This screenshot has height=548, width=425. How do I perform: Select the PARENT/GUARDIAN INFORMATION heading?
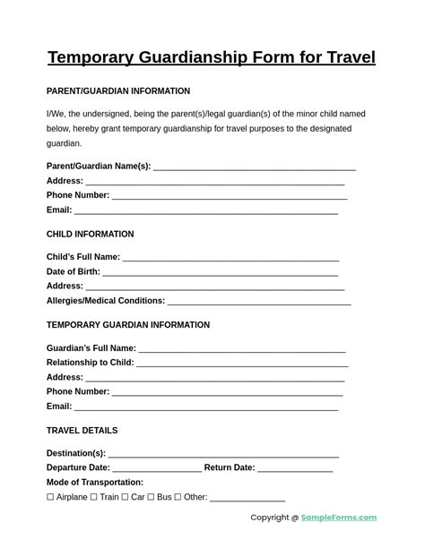tap(117, 91)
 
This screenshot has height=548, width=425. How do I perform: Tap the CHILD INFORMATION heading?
tap(90, 235)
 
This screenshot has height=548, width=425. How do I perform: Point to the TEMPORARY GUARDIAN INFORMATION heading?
tap(128, 325)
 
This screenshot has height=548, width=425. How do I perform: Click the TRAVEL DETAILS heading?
tap(82, 431)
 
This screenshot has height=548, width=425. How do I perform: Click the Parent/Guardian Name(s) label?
tap(99, 167)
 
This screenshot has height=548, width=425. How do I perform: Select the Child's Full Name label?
tap(82, 257)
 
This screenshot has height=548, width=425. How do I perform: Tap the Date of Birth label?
tap(73, 272)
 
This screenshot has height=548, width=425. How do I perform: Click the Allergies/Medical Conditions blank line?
tap(259, 303)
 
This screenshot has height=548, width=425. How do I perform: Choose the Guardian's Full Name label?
tap(91, 348)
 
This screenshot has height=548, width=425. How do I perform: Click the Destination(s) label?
tap(75, 453)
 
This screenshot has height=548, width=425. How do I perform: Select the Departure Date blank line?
tap(157, 469)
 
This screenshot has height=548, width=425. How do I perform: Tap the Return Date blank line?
tap(295, 469)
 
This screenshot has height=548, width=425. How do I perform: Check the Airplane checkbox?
tap(50, 497)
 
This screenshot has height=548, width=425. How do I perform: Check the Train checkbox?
tap(94, 497)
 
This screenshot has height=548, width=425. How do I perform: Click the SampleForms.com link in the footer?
tap(339, 518)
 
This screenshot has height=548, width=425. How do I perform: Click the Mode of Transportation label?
tap(94, 483)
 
